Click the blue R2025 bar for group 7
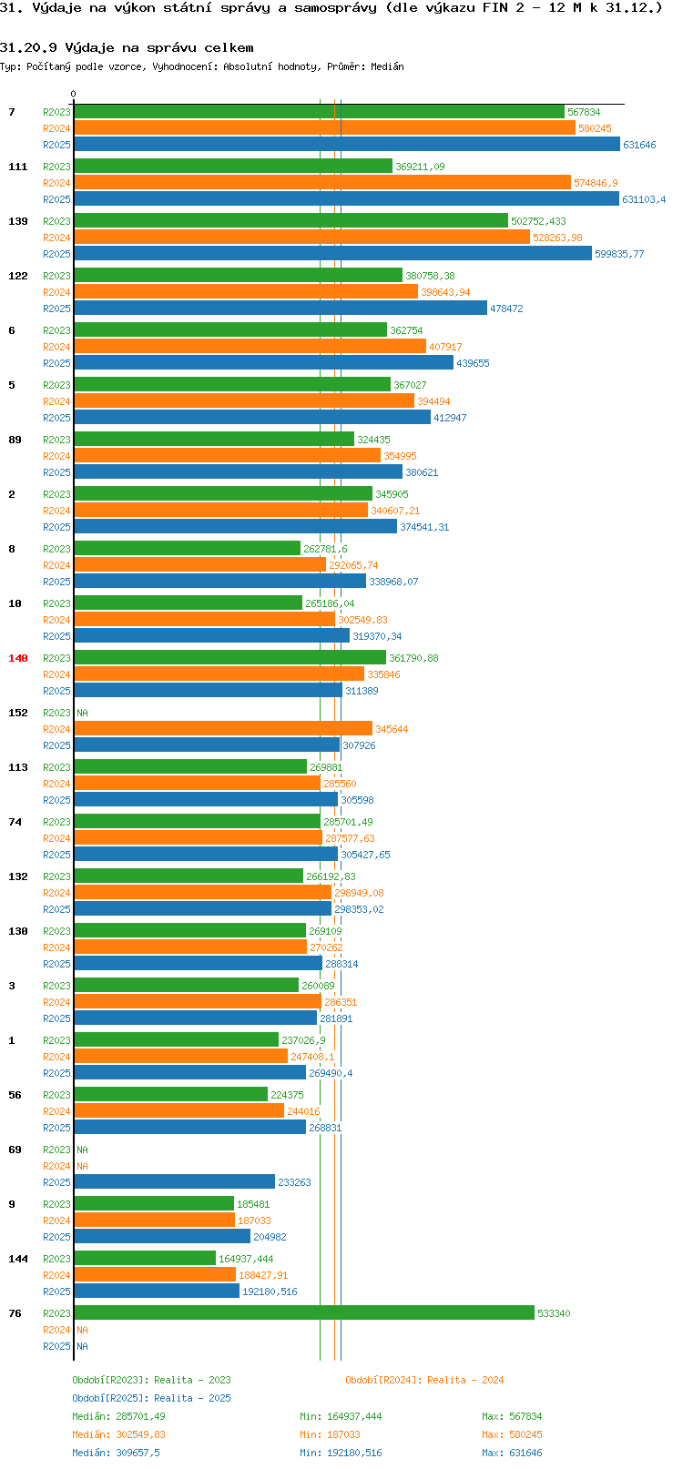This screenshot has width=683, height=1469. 347,145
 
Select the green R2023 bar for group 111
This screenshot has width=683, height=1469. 233,166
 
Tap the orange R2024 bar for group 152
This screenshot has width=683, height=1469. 223,729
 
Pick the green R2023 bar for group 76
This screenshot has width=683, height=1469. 304,1313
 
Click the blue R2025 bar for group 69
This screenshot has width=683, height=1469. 175,1181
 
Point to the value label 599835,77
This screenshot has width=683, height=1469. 619,254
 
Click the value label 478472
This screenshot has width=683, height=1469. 506,309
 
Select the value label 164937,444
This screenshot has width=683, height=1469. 246,1259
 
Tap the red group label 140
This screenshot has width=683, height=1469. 17,658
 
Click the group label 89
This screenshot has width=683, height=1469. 15,440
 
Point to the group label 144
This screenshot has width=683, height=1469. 17,1259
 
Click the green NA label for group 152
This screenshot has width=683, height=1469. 82,713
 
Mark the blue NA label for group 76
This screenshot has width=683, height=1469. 82,1346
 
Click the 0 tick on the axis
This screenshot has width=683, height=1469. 73,94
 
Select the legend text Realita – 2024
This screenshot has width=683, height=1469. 465,1380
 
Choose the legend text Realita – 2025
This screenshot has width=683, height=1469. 192,1397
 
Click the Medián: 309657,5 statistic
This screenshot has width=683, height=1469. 116,1453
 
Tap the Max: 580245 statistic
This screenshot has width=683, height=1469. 512,1434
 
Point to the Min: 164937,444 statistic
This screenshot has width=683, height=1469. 341,1416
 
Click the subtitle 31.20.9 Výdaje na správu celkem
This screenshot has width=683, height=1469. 127,48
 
